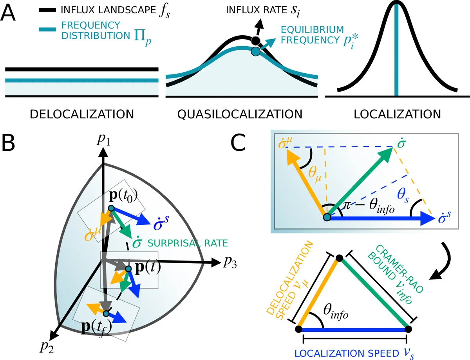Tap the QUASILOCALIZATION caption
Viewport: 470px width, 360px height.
click(x=240, y=114)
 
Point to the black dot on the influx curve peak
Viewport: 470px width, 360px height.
click(x=255, y=40)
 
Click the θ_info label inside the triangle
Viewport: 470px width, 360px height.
click(x=335, y=312)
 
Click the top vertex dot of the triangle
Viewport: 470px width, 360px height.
click(x=339, y=258)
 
